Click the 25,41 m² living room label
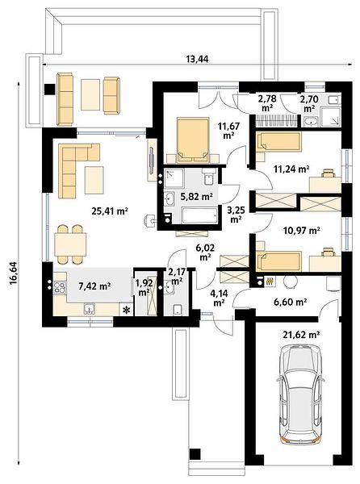tap(110, 211)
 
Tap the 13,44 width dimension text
tap(197, 59)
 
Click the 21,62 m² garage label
tap(301, 334)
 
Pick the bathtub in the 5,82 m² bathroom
tap(200, 215)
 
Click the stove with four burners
tap(60, 288)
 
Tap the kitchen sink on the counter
tap(90, 309)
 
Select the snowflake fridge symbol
tap(126, 310)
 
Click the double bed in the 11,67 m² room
tap(192, 140)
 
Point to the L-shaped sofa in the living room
tap(77, 169)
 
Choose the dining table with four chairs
tap(70, 244)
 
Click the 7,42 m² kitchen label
tap(94, 286)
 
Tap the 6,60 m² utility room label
tap(290, 302)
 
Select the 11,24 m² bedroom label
tap(291, 169)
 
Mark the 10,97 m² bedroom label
tap(301, 230)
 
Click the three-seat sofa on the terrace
tap(65, 99)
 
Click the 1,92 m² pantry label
tap(144, 288)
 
